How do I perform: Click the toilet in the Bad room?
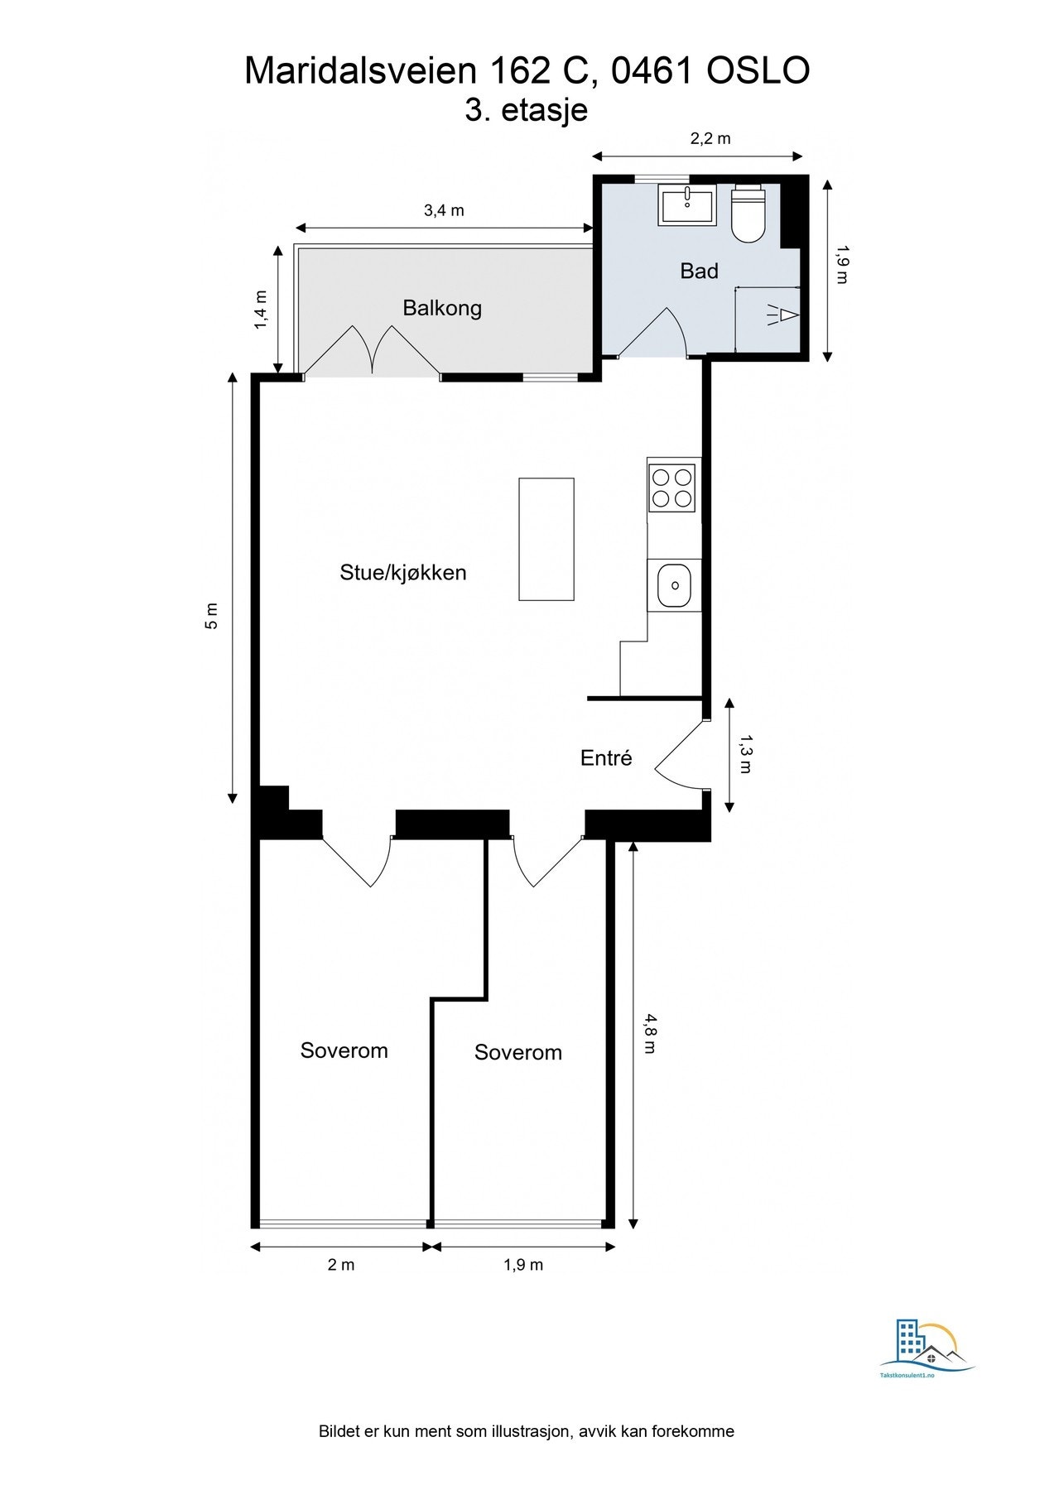tap(749, 214)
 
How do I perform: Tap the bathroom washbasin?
tap(687, 204)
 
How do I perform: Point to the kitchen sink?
tap(675, 584)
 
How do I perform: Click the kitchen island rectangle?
tap(546, 539)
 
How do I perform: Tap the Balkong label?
tap(442, 308)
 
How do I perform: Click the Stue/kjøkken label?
tap(403, 572)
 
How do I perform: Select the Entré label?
tap(606, 757)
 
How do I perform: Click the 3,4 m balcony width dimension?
tap(445, 210)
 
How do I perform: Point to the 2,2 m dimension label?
tap(710, 138)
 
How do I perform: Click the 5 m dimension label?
tap(212, 615)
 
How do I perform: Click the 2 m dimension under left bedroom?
tap(341, 1265)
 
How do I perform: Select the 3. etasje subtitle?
tap(527, 110)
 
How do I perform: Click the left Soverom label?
tap(344, 1050)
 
